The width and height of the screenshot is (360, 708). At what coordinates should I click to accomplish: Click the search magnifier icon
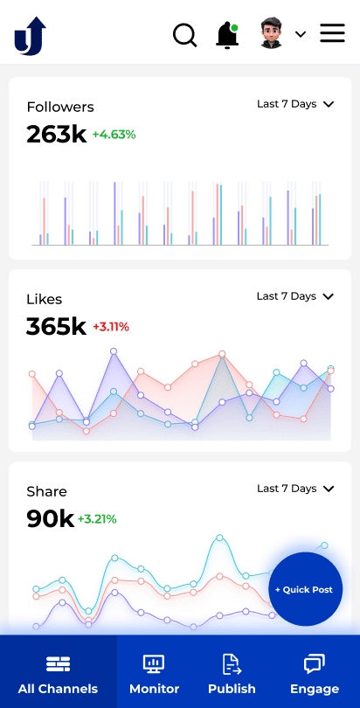185,35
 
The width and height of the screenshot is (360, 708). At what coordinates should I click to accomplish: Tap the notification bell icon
227,35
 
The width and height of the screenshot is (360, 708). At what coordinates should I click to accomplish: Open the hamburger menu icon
332,34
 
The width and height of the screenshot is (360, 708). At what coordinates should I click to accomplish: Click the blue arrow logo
29,36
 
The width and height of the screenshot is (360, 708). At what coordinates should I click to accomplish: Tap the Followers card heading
60,107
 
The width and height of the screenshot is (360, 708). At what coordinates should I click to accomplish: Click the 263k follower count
56,135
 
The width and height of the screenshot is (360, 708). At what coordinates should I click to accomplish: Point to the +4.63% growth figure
114,135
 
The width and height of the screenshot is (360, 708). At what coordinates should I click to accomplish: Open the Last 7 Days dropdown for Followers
295,104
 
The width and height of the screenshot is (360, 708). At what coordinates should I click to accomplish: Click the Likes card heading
45,299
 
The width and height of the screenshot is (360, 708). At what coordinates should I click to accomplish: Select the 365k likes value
56,327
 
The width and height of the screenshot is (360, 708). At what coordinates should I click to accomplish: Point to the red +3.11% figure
111,327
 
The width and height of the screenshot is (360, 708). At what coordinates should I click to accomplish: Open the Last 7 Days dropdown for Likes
295,296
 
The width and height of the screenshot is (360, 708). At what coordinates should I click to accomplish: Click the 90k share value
50,519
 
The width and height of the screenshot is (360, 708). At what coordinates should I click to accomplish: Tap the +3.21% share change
97,519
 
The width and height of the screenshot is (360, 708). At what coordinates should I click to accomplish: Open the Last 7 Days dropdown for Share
295,489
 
